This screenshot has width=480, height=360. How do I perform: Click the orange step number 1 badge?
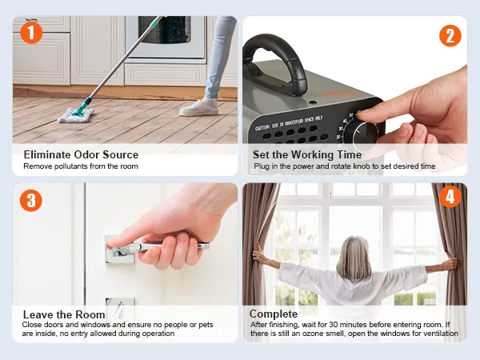click(31, 33)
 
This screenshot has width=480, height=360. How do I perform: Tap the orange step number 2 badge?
click(450, 35)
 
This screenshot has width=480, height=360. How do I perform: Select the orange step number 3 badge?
click(31, 201)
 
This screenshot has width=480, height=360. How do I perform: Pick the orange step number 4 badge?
click(450, 197)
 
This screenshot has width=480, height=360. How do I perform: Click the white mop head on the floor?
click(76, 115)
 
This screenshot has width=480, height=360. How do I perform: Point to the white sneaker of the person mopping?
click(199, 108)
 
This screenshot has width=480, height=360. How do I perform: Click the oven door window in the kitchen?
click(165, 30)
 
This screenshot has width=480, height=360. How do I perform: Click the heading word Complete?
click(274, 314)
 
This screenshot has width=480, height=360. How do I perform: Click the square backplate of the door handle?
click(119, 250)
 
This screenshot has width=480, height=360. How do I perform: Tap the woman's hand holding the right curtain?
click(450, 263)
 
